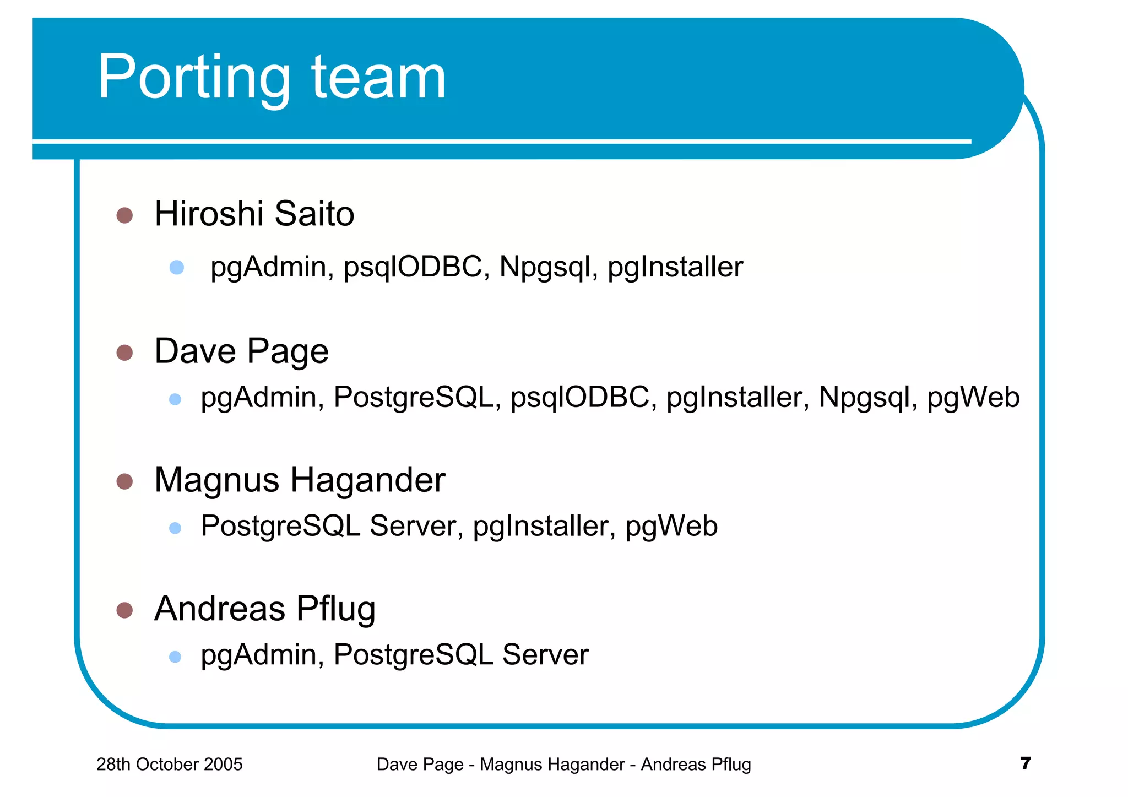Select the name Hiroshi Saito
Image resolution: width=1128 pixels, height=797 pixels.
point(254,214)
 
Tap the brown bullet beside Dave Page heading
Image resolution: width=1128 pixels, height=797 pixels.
point(125,353)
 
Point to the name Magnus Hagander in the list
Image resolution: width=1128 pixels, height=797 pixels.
point(300,480)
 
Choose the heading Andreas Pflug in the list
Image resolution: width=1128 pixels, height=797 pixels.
point(264,609)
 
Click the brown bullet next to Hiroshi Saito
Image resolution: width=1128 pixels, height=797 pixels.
point(125,215)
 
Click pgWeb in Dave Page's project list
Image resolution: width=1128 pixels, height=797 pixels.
point(973,398)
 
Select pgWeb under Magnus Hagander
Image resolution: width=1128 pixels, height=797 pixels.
point(671,526)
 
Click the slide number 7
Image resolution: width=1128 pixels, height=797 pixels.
point(1025,763)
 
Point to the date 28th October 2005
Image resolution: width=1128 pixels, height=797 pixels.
point(169,765)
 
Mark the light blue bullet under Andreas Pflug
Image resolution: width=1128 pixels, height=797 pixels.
point(175,657)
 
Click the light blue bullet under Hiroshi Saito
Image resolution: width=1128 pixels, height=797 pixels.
point(177,268)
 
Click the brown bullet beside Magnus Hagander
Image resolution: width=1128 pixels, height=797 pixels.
point(125,481)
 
